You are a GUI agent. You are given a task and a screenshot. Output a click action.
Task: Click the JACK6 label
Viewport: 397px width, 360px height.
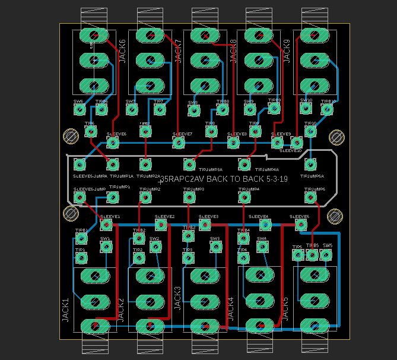[123, 52]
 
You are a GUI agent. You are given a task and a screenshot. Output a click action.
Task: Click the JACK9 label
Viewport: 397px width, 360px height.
[287, 52]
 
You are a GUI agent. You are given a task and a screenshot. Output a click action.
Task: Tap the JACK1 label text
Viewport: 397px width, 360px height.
[66, 310]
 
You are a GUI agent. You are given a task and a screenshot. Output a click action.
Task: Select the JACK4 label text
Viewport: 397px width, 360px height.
[231, 310]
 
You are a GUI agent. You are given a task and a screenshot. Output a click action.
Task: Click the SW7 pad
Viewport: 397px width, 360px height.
[131, 110]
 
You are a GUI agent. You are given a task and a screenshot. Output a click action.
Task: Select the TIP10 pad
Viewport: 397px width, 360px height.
[310, 131]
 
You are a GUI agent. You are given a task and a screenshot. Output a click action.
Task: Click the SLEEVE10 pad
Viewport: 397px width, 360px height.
[296, 143]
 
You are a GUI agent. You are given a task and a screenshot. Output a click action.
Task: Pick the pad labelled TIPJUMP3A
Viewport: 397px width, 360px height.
[189, 164]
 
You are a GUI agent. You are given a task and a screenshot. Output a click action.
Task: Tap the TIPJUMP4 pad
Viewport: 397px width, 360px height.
[244, 197]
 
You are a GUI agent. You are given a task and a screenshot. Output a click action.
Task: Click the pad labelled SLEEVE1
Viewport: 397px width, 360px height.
[106, 225]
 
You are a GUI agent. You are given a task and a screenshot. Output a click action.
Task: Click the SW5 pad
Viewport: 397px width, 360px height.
[326, 255]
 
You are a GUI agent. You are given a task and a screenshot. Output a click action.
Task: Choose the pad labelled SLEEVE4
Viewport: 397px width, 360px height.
[265, 225]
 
